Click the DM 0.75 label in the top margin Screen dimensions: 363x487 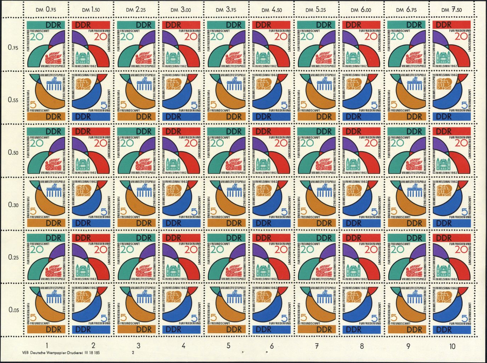point(46,10)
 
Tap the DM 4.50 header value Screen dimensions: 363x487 point(272,10)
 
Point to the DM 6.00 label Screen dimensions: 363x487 point(361,10)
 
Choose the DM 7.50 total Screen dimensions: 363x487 point(451,10)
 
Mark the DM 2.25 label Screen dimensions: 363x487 point(136,10)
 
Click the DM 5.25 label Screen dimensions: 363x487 point(317,10)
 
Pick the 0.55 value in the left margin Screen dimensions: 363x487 point(13,100)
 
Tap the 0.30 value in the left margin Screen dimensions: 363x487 point(13,205)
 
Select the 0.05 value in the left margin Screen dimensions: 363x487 point(13,310)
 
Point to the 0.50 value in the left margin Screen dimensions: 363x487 point(13,153)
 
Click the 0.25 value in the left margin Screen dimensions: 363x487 point(13,257)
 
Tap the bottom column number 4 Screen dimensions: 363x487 point(183,346)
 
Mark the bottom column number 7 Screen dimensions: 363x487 point(317,346)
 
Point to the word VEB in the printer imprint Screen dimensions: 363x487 point(25,353)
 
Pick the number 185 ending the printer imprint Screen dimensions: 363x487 point(96,353)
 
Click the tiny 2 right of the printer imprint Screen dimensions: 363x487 point(133,353)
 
